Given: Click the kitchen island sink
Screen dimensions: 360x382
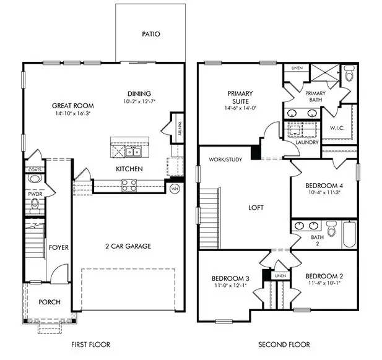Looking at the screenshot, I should pyautogui.click(x=132, y=151).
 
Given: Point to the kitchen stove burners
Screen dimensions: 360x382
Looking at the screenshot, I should pyautogui.click(x=129, y=183).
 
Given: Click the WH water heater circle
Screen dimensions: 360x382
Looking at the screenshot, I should pyautogui.click(x=175, y=189).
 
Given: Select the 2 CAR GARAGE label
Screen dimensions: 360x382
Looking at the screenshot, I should pyautogui.click(x=128, y=246).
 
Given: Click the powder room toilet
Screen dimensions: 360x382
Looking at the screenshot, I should pyautogui.click(x=33, y=179).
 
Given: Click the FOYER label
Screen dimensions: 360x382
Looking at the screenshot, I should pyautogui.click(x=59, y=247).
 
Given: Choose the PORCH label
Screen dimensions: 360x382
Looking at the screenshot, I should pyautogui.click(x=50, y=302).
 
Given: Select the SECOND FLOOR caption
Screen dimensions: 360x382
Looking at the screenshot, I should pyautogui.click(x=285, y=345).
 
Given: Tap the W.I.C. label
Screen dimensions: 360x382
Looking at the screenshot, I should pyautogui.click(x=337, y=129).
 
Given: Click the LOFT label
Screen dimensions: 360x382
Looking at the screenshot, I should pyautogui.click(x=256, y=208).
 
